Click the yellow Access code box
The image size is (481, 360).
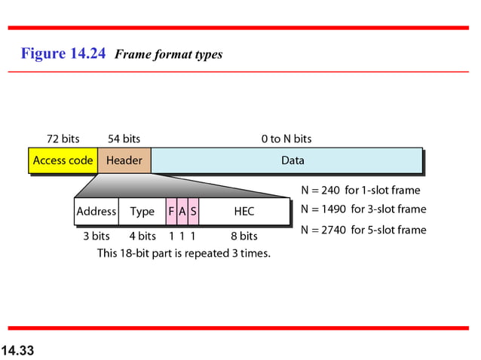click(x=63, y=160)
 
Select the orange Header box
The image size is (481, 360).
click(x=124, y=160)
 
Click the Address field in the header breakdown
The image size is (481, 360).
click(x=96, y=212)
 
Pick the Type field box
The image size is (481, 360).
click(x=142, y=212)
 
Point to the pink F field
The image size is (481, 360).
click(x=172, y=212)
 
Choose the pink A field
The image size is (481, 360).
click(x=182, y=212)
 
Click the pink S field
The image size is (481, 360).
click(x=194, y=212)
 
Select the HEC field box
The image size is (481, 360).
click(x=244, y=212)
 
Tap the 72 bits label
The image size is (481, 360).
click(x=63, y=139)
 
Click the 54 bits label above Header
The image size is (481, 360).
click(x=124, y=139)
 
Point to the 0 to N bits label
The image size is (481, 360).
click(x=286, y=139)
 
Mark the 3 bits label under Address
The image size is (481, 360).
click(x=96, y=236)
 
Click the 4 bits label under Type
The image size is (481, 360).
click(x=142, y=236)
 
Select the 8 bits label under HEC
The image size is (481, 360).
click(x=244, y=236)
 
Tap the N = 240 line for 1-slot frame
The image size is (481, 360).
click(x=360, y=191)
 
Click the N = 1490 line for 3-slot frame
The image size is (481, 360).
click(x=363, y=209)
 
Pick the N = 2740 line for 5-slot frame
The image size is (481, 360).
click(x=363, y=230)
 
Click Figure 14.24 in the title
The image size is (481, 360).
click(x=63, y=53)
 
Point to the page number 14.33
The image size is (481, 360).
click(x=18, y=350)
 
